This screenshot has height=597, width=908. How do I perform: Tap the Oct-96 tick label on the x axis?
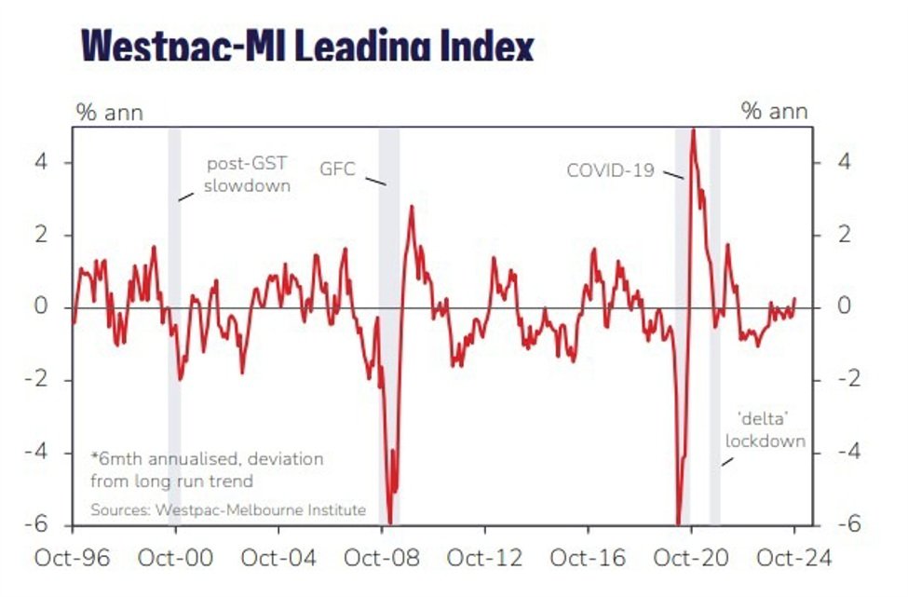click(x=73, y=558)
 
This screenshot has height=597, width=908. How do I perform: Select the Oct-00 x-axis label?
click(x=175, y=558)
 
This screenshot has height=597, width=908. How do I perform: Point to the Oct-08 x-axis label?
click(x=381, y=558)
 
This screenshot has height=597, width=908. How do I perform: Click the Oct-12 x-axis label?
click(x=484, y=558)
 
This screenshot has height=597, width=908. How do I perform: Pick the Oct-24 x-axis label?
click(x=793, y=558)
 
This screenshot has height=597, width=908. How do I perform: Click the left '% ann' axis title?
click(x=109, y=113)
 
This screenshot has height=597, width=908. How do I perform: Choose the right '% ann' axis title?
click(x=775, y=113)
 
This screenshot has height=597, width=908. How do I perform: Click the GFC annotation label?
click(x=336, y=170)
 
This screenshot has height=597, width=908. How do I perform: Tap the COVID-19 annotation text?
click(x=610, y=170)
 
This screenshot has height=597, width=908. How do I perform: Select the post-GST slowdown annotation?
click(x=248, y=174)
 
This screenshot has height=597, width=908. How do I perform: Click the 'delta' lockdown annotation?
click(x=765, y=431)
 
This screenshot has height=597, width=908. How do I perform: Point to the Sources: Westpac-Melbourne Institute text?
click(x=227, y=509)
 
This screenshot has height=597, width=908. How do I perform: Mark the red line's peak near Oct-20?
click(x=692, y=130)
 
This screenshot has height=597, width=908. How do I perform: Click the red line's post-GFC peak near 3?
click(x=411, y=207)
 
